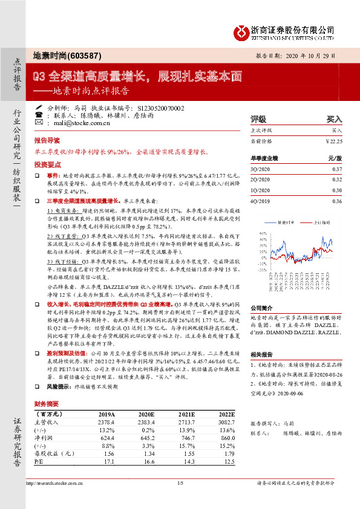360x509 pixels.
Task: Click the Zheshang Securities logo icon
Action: click(240, 31)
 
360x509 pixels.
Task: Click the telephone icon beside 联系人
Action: click(39, 114)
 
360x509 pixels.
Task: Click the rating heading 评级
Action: click(259, 119)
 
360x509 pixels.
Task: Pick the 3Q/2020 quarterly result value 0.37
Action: click(336, 169)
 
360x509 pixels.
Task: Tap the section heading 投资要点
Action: click(48, 164)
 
